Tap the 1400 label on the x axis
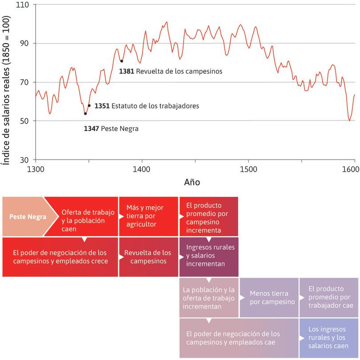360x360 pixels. pyautogui.click(x=142, y=169)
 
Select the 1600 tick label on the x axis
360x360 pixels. pyautogui.click(x=351, y=169)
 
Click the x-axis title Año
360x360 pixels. pyautogui.click(x=192, y=182)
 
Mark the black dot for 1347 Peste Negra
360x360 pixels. pyautogui.click(x=85, y=114)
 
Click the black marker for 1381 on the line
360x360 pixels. pyautogui.click(x=121, y=61)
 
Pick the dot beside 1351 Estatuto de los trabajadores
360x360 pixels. pyautogui.click(x=89, y=106)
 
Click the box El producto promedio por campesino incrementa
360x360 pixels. pyautogui.click(x=208, y=218)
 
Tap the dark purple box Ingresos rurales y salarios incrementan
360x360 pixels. pyautogui.click(x=208, y=256)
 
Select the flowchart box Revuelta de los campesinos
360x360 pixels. pyautogui.click(x=147, y=257)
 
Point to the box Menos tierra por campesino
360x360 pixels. pyautogui.click(x=269, y=297)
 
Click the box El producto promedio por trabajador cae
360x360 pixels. pyautogui.click(x=329, y=297)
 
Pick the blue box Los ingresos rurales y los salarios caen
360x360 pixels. pyautogui.click(x=329, y=337)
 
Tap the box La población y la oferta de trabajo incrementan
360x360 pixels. pyautogui.click(x=209, y=297)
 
